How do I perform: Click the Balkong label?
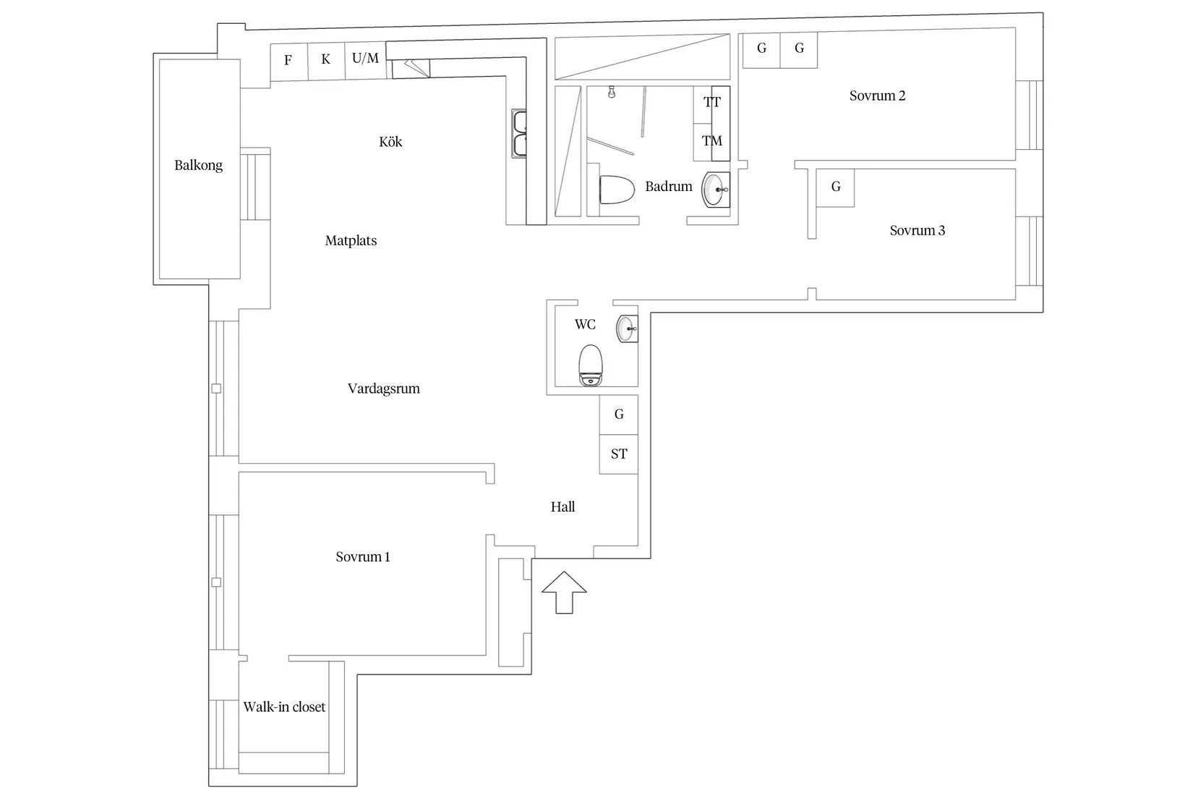pyautogui.click(x=198, y=165)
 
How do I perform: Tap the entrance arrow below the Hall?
pyautogui.click(x=564, y=593)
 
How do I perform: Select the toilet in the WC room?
pyautogui.click(x=590, y=365)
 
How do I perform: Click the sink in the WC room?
pyautogui.click(x=627, y=329)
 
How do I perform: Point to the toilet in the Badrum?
pyautogui.click(x=617, y=190)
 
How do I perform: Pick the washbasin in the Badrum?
pyautogui.click(x=715, y=190)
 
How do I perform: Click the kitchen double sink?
pyautogui.click(x=519, y=133)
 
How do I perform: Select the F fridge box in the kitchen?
pyautogui.click(x=288, y=62)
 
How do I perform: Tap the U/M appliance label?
pyautogui.click(x=365, y=58)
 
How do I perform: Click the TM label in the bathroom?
pyautogui.click(x=712, y=141)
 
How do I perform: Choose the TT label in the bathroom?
pyautogui.click(x=712, y=102)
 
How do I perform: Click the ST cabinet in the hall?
pyautogui.click(x=619, y=454)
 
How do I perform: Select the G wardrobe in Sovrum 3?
pyautogui.click(x=835, y=187)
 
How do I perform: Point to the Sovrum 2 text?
pyautogui.click(x=877, y=96)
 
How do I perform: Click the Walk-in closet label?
pyautogui.click(x=284, y=707)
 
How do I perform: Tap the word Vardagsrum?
pyautogui.click(x=383, y=389)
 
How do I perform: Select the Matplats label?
pyautogui.click(x=351, y=241)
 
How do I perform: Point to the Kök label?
pyautogui.click(x=390, y=142)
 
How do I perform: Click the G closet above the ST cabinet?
pyautogui.click(x=619, y=415)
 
